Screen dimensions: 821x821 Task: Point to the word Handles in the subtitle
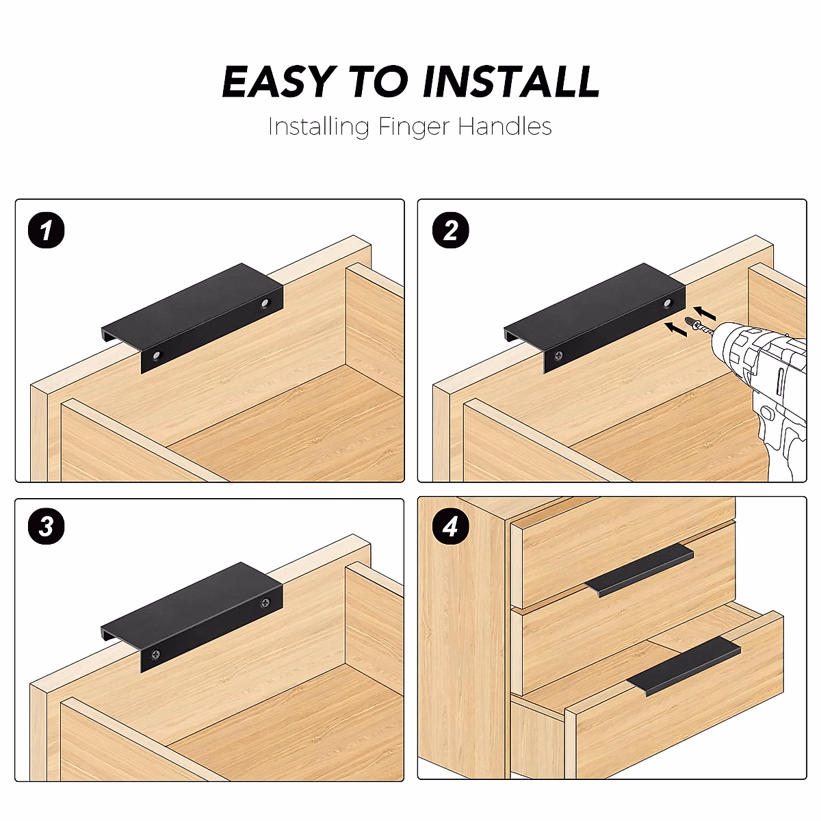coord(505,127)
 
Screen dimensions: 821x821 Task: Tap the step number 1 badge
coord(46,231)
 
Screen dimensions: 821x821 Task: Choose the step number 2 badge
coord(450,231)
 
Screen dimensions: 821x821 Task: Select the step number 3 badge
coord(46,527)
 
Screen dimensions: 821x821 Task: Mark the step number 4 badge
coord(450,527)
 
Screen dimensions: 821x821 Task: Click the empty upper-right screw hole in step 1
coord(265,303)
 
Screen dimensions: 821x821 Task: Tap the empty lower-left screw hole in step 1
coord(157,355)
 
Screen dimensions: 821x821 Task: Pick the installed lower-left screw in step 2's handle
coord(560,355)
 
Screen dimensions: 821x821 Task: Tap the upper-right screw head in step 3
coord(265,602)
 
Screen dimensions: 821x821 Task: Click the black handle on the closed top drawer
coord(639,571)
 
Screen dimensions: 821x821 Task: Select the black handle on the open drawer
coord(684,664)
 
